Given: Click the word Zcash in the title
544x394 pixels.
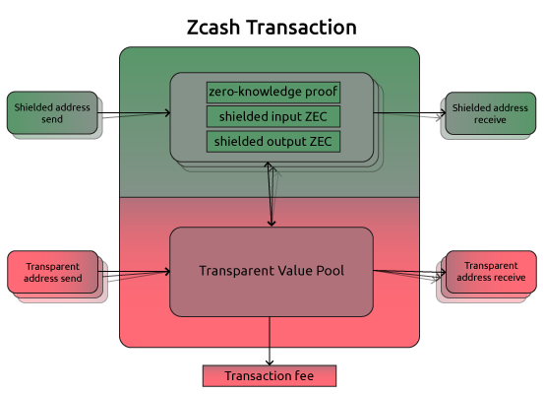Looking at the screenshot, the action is coord(213,28).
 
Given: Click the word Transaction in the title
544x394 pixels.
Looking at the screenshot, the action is coord(302,28).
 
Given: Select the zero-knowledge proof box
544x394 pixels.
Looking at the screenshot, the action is coord(273,92).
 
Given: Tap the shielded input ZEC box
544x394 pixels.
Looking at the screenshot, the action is coord(273,117).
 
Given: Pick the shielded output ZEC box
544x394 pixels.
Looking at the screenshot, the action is coord(273,142).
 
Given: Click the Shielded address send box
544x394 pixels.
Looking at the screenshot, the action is coord(52,113).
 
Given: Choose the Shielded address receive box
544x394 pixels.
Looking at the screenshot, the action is coord(491,113).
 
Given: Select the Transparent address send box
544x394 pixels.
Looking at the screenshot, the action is coord(53,272).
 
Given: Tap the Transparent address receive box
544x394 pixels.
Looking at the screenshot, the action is coord(491,271).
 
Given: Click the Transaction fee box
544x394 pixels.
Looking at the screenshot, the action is coord(270,376).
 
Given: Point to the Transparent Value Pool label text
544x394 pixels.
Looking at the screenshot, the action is coord(272,271).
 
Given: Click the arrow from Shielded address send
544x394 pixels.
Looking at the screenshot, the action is coord(134,112).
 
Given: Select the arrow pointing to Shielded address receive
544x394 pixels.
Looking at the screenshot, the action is coord(409,112).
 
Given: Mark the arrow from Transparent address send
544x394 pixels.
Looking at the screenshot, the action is coord(134,271).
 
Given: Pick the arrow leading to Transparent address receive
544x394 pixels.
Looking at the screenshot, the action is coord(410,271).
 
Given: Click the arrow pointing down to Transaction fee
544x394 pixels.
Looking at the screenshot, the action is coord(270,341).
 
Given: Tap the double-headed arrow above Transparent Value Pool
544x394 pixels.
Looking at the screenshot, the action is coord(271,194).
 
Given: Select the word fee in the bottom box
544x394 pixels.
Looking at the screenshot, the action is coord(304,375).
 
